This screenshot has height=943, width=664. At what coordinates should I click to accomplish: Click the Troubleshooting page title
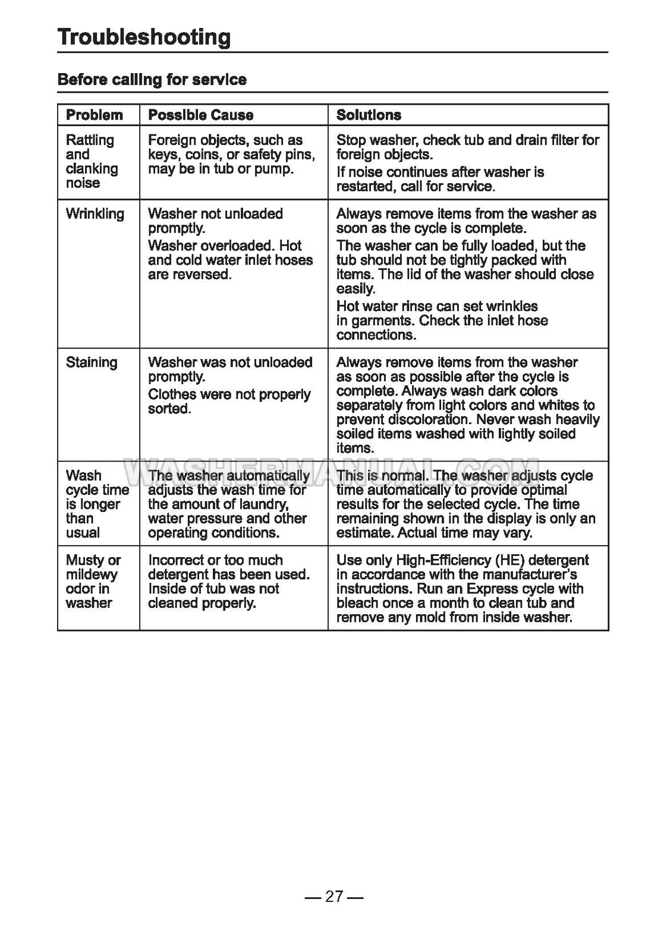pyautogui.click(x=144, y=37)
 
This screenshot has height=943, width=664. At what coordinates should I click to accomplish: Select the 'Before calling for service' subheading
pyautogui.click(x=152, y=80)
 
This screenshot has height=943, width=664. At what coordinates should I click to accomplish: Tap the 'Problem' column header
pyautogui.click(x=95, y=115)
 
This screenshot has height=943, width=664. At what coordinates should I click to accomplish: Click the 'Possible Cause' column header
pyautogui.click(x=200, y=115)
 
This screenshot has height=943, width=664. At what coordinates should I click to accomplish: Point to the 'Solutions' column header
pyautogui.click(x=369, y=115)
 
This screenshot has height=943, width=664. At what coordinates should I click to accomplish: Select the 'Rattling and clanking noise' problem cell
pyautogui.click(x=92, y=162)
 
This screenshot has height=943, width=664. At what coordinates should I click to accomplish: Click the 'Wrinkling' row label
pyautogui.click(x=95, y=214)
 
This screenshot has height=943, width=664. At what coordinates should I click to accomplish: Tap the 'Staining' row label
pyautogui.click(x=92, y=363)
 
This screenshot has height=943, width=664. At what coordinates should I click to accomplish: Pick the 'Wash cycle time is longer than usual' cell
pyautogui.click(x=97, y=504)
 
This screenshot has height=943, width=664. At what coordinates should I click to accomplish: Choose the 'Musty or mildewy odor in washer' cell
pyautogui.click(x=93, y=581)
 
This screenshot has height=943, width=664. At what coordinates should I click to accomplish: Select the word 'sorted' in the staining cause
pyautogui.click(x=169, y=409)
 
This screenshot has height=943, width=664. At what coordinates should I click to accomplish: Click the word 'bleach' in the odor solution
pyautogui.click(x=358, y=603)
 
